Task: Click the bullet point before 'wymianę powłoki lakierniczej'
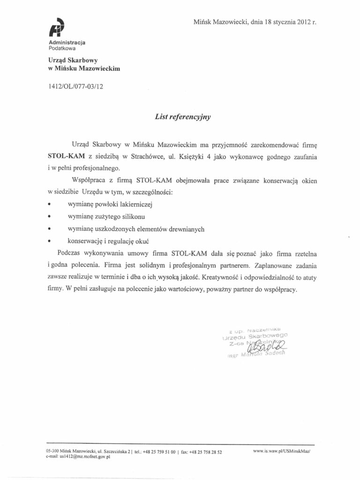tap(50, 205)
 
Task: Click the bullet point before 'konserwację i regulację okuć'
tap(50, 241)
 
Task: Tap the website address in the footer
tap(282, 451)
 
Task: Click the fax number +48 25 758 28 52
tap(203, 451)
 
